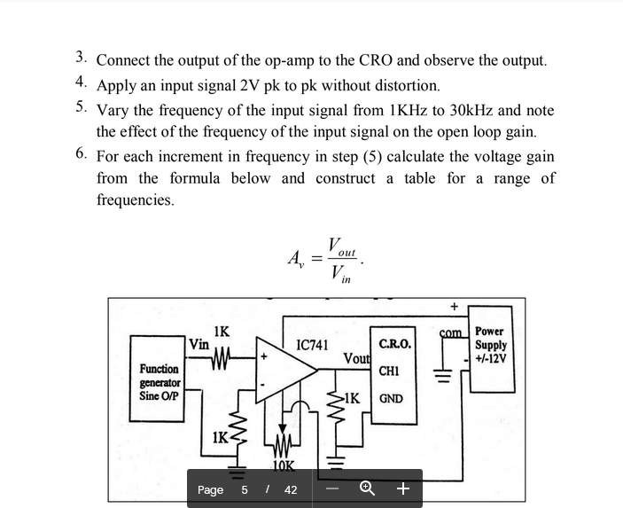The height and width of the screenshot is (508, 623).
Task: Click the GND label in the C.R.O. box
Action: (391, 399)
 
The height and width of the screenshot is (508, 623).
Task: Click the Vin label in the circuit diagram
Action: (199, 344)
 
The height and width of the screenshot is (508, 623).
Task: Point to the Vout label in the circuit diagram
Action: (357, 358)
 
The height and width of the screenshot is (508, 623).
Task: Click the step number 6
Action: (81, 153)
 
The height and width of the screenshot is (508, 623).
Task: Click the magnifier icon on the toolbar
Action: (365, 488)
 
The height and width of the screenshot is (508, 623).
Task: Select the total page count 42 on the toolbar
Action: (291, 489)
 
